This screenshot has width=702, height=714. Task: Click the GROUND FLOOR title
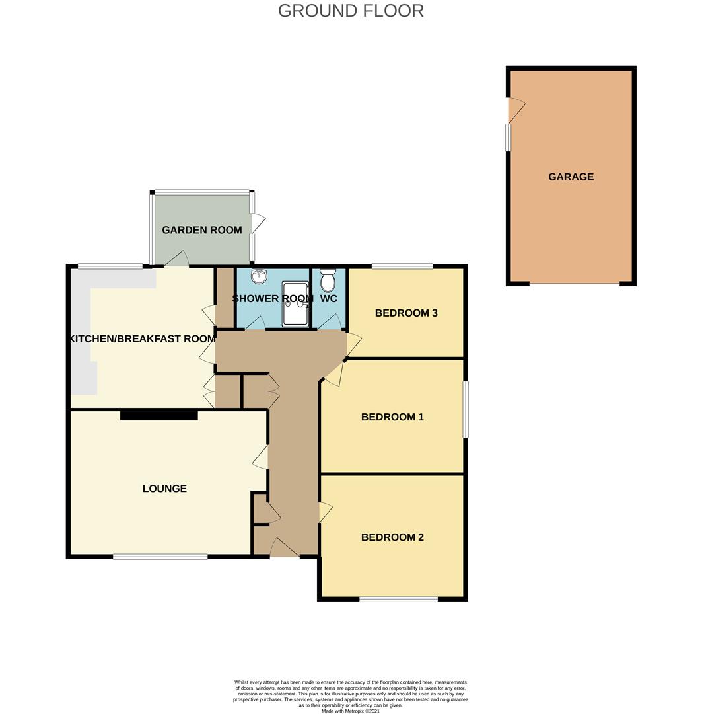351,11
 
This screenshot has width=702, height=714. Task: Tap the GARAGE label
571,177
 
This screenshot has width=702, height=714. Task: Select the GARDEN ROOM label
202,230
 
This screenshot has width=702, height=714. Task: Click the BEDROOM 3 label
406,313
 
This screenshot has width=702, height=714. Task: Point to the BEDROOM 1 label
392,416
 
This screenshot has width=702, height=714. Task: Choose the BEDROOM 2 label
392,537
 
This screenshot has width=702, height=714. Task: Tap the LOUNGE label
164,488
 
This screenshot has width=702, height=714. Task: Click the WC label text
328,298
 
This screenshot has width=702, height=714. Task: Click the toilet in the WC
328,280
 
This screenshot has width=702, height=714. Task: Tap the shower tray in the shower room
295,303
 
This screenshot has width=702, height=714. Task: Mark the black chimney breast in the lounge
158,415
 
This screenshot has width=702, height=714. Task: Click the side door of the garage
516,110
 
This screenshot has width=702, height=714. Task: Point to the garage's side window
509,138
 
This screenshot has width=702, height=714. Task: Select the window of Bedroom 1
466,409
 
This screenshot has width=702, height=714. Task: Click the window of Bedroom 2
398,599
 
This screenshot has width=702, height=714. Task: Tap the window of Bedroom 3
402,266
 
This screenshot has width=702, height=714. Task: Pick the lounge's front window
160,556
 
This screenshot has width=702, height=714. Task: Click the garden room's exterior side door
257,223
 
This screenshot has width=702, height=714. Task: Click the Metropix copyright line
350,710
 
